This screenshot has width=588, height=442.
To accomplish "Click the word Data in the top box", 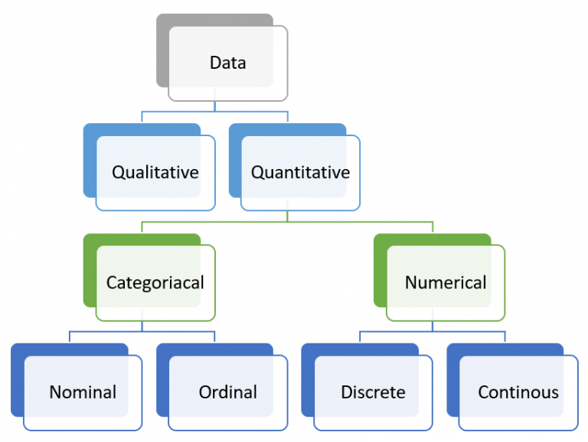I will click(228, 63).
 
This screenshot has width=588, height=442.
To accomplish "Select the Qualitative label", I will click(155, 172).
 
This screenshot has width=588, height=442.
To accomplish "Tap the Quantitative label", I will click(300, 172).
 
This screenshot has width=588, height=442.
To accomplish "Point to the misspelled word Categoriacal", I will click(155, 282).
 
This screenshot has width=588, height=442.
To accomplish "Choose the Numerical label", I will click(446, 282).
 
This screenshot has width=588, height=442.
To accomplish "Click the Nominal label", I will click(83, 392).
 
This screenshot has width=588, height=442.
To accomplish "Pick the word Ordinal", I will click(228, 392).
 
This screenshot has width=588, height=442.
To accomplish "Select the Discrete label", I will click(373, 392).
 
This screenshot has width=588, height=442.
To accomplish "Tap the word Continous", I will click(518, 392).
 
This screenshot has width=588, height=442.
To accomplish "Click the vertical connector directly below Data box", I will click(215, 106).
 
